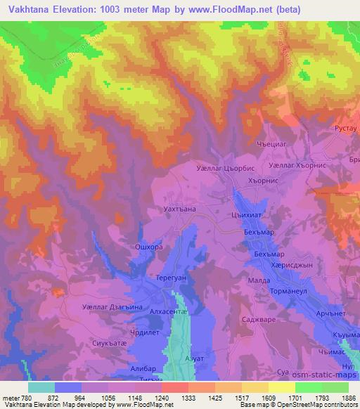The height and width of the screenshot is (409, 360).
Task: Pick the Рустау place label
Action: coord(345,131)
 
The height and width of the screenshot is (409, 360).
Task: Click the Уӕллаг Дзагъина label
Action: coord(112,307)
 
